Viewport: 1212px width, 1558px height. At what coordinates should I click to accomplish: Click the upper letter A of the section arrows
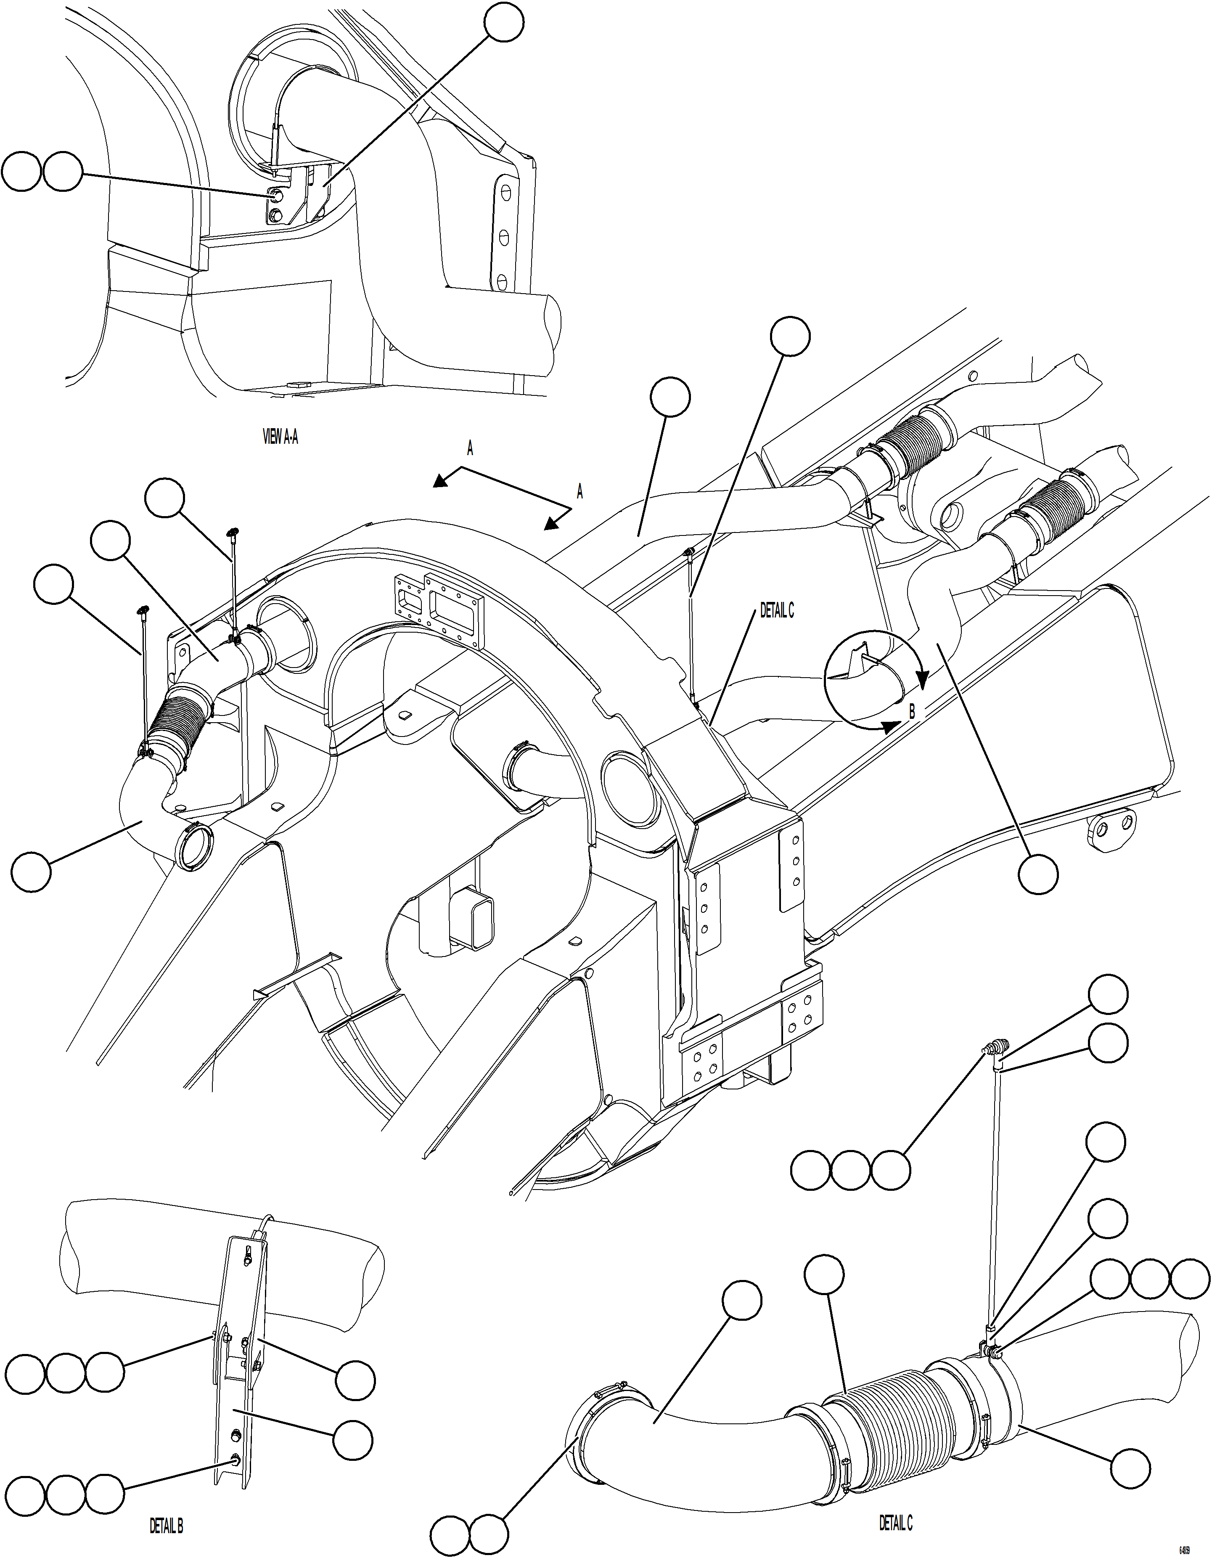pyautogui.click(x=470, y=448)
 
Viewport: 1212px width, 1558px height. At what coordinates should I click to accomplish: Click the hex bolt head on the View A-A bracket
pyautogui.click(x=276, y=196)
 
